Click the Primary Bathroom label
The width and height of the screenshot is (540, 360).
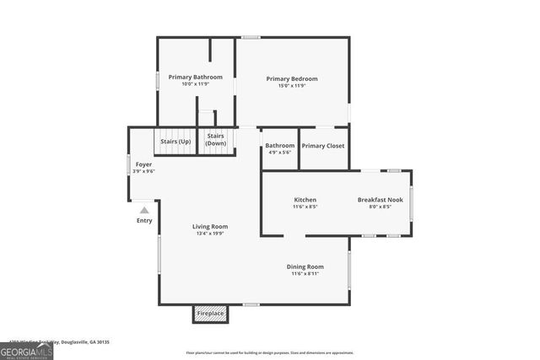(195, 77)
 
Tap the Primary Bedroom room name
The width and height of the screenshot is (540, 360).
(292, 78)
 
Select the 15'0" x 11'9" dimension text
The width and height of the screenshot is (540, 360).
(292, 86)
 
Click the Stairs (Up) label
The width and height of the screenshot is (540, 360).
(175, 141)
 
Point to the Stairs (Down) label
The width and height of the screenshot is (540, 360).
(215, 139)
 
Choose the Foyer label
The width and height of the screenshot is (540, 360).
(143, 164)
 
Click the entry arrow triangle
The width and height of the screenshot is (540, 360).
(144, 210)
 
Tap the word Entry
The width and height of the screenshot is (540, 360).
(144, 221)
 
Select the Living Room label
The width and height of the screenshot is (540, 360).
(210, 226)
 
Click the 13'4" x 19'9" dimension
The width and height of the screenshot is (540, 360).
(210, 234)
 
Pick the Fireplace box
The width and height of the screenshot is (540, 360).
(210, 314)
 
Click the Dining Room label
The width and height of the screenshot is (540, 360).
(305, 266)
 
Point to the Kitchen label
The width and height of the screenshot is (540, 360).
(305, 199)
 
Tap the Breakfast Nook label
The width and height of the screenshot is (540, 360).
(381, 199)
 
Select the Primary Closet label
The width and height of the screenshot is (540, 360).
(323, 146)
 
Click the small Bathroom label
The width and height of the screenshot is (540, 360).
(279, 145)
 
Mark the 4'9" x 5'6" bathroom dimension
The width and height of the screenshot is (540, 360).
(279, 153)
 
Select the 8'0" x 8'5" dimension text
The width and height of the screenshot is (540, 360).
(381, 207)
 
